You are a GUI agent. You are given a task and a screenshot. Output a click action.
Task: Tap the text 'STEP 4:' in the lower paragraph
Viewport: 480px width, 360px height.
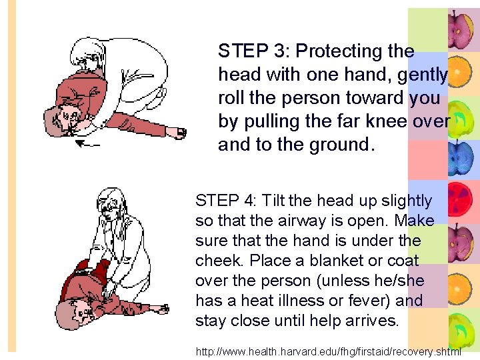(x=225, y=201)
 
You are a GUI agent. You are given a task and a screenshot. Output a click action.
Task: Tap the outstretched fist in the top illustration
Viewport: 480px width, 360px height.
(x=177, y=133)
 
